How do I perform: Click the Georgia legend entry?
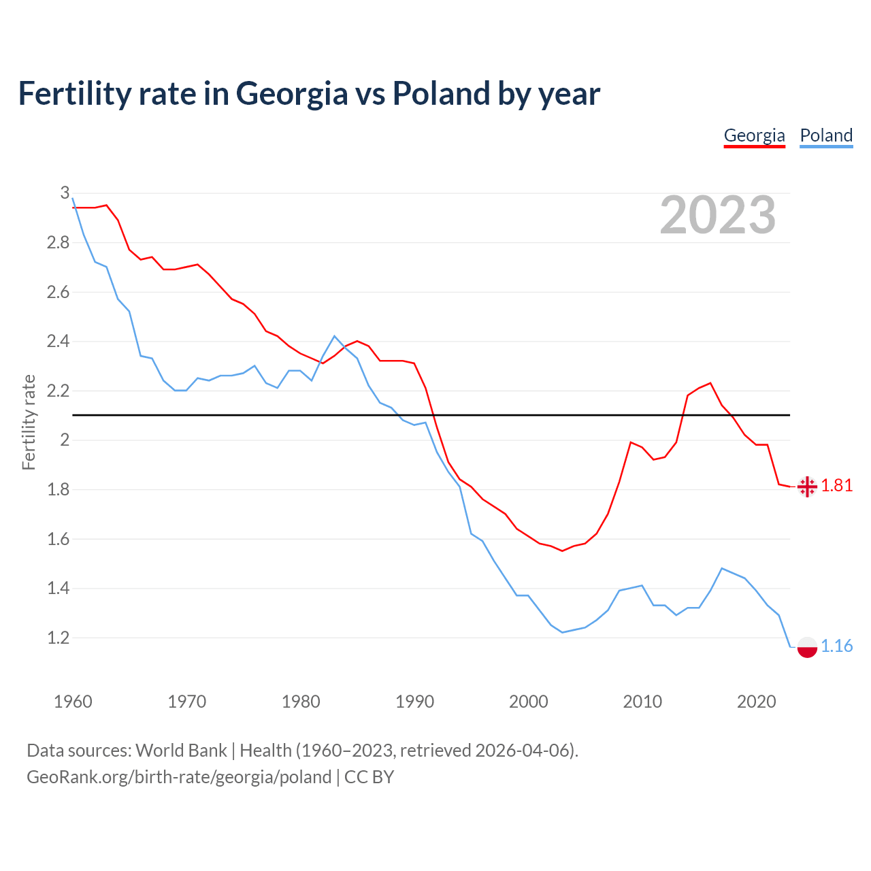coord(754,135)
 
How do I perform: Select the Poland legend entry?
coord(826,135)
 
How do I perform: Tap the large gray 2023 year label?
coord(718,215)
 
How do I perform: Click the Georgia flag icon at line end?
coord(807,487)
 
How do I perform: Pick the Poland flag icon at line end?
coord(807,647)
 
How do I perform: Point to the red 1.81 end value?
coord(837,486)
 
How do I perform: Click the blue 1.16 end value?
coord(837,646)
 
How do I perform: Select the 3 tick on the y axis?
coord(65,193)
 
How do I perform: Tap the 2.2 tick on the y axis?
coord(59,391)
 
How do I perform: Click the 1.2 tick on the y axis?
coord(59,638)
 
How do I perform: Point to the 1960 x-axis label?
coord(73,702)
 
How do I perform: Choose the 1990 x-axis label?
coord(414,702)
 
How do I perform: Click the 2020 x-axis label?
coord(756,702)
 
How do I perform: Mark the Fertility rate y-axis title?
coord(29,423)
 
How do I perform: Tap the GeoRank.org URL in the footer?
coord(179,777)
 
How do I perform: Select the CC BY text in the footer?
coord(369,777)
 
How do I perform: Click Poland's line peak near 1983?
coord(334,336)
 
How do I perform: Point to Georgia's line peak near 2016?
coord(710,383)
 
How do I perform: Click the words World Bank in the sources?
coord(181,751)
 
